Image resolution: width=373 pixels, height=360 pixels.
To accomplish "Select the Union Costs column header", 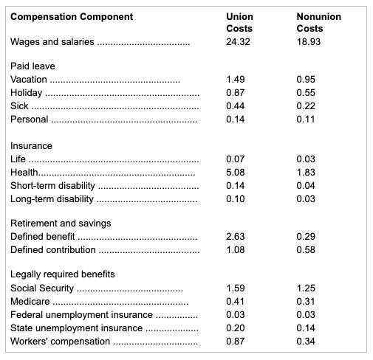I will pyautogui.click(x=240, y=22).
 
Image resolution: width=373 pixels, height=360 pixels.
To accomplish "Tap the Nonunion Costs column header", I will pyautogui.click(x=318, y=22).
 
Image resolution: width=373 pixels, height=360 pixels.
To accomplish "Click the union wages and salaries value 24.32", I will pyautogui.click(x=238, y=41).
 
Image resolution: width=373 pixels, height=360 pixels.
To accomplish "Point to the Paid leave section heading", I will pyautogui.click(x=32, y=66).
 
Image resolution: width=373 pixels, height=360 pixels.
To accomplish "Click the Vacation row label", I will pyautogui.click(x=29, y=79).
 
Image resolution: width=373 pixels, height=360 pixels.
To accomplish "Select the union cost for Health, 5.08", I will pyautogui.click(x=235, y=173).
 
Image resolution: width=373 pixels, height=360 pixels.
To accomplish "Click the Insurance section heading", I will pyautogui.click(x=31, y=146).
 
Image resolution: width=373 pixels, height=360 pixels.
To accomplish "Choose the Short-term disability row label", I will pyautogui.click(x=52, y=186).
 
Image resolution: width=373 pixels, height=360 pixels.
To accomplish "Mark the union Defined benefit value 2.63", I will pyautogui.click(x=235, y=236).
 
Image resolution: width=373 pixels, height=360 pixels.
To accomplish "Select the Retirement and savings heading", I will pyautogui.click(x=61, y=223).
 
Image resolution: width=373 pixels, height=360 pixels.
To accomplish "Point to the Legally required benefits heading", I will pyautogui.click(x=63, y=274).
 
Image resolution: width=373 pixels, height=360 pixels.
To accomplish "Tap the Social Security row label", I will pyautogui.click(x=43, y=288).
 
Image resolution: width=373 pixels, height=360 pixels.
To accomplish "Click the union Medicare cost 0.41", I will pyautogui.click(x=235, y=301).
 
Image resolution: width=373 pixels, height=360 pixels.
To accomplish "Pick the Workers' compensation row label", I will pyautogui.click(x=60, y=341).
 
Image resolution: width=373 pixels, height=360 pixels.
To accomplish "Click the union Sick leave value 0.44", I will pyautogui.click(x=235, y=105).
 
